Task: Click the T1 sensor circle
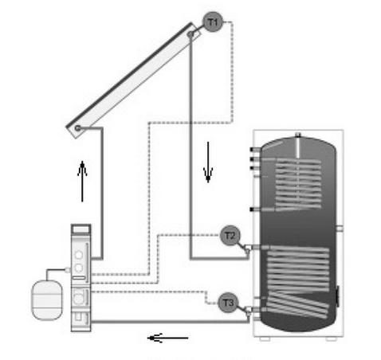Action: coord(213,22)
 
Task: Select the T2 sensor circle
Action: coord(230,236)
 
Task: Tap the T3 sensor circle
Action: coord(228,303)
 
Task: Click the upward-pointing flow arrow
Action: coord(82,182)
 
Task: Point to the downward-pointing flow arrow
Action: coord(208,162)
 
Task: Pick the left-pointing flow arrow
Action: coord(168,338)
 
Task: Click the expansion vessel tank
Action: coord(47,300)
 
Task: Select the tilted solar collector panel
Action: coord(134,80)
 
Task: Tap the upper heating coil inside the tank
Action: coord(298,184)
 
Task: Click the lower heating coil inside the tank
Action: coord(298,282)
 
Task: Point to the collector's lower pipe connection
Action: coord(77,128)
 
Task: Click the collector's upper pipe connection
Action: coord(190,34)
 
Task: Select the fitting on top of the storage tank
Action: coord(298,135)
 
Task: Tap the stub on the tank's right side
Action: coord(340,228)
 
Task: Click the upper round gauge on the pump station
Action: coord(79,255)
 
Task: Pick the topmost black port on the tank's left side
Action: coord(251,150)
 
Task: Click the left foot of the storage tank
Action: coord(265,339)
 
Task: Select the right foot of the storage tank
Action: coord(332,339)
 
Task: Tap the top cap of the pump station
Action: coord(81,229)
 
